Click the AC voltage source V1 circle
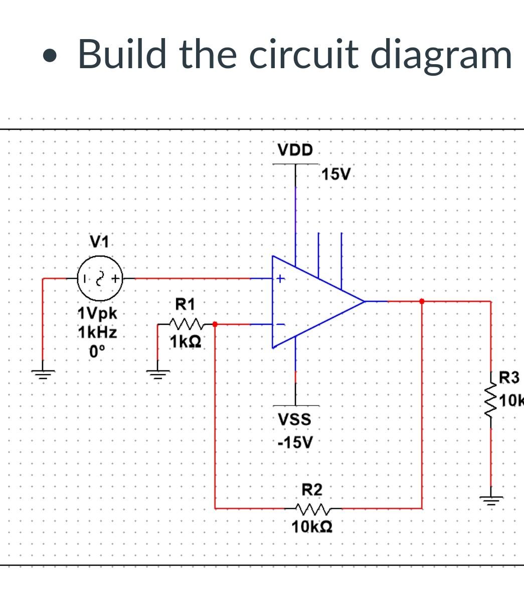pyautogui.click(x=99, y=278)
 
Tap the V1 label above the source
pyautogui.click(x=99, y=242)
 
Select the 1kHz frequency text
pyautogui.click(x=97, y=332)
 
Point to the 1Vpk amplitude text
pyautogui.click(x=97, y=314)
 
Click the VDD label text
pyautogui.click(x=295, y=150)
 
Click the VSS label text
pyautogui.click(x=295, y=419)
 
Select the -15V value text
pyautogui.click(x=295, y=443)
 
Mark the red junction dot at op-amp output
pyautogui.click(x=422, y=301)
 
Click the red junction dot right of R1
pyautogui.click(x=215, y=324)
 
